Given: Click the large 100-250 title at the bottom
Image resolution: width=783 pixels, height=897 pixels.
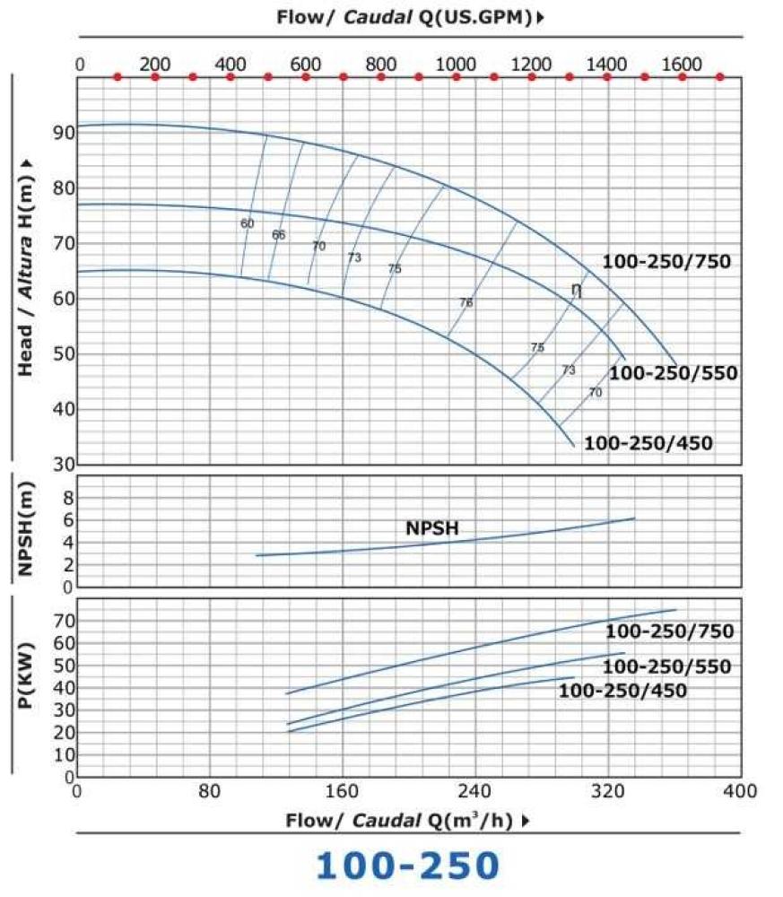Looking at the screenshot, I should click(406, 865).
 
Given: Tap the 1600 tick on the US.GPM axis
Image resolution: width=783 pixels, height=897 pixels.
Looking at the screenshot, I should click(682, 64).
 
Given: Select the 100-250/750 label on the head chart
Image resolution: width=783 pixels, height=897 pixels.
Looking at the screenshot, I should click(667, 262).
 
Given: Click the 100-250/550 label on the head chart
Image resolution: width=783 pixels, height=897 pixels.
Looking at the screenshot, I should click(673, 373).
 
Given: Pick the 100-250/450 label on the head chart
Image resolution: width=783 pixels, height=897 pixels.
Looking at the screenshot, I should click(648, 443).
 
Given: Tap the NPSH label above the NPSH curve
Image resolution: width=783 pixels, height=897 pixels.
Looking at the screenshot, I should click(432, 528).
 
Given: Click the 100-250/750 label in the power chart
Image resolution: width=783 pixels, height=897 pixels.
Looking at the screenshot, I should click(669, 631).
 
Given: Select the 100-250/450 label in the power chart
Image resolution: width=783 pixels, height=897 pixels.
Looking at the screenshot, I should click(622, 690).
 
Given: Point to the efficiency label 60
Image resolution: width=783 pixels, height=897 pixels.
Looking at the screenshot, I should click(248, 223).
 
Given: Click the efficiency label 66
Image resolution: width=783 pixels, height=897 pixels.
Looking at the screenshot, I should click(278, 235).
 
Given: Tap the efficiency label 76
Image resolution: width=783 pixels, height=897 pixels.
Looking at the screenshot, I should click(465, 303).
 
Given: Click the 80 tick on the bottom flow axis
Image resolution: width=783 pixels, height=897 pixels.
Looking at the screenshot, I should click(209, 791).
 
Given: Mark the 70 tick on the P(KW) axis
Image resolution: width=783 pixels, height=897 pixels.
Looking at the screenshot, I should click(61, 621).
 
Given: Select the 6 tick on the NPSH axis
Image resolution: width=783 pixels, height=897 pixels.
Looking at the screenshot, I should click(66, 520).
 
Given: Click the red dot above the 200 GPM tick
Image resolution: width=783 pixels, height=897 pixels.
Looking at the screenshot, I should click(155, 77).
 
